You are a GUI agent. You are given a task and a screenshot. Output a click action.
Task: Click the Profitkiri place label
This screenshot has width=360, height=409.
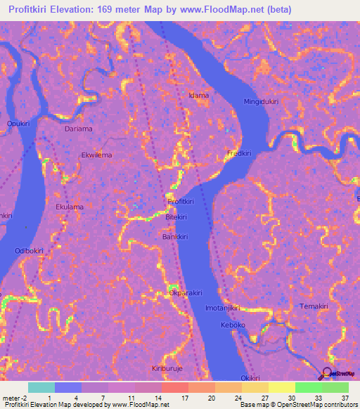pyautogui.click(x=181, y=202)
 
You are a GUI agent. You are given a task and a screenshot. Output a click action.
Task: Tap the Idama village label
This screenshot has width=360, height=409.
pyautogui.click(x=199, y=95)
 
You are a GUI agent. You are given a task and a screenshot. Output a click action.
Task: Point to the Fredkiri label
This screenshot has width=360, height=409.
pyautogui.click(x=239, y=152)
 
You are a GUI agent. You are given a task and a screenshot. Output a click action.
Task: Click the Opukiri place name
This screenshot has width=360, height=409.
pyautogui.click(x=18, y=124)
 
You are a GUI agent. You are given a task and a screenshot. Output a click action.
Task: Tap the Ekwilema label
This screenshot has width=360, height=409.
pyautogui.click(x=96, y=155)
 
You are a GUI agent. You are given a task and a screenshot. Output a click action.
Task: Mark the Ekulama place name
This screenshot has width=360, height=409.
pyautogui.click(x=70, y=207)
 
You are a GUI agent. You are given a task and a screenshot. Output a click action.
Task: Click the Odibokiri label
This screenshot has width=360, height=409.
pyautogui.click(x=30, y=250)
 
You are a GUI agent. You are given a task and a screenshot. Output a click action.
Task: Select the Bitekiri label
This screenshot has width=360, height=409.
pyautogui.click(x=176, y=219)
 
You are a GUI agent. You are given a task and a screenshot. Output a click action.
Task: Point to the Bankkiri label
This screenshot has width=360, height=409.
pyautogui.click(x=175, y=236)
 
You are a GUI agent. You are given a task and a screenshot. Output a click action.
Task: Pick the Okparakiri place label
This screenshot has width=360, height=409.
pyautogui.click(x=186, y=292)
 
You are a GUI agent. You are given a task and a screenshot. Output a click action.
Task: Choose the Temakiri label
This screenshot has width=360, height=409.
pyautogui.click(x=314, y=307)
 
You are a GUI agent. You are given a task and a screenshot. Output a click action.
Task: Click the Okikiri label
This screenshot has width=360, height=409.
pyautogui.click(x=251, y=378)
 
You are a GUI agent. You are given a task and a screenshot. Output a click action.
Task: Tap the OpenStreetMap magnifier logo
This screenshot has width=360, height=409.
pyautogui.click(x=326, y=373)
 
